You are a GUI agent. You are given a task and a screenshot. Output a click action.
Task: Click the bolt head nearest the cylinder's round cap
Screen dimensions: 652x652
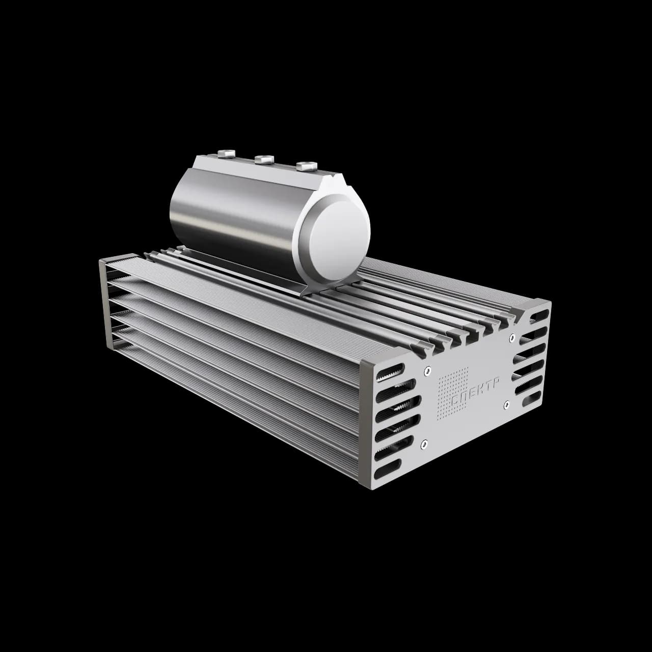point(307,166)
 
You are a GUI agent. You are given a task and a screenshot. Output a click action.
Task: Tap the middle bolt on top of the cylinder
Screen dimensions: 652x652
point(264,159)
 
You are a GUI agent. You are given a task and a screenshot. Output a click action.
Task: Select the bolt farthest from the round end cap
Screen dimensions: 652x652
point(226,154)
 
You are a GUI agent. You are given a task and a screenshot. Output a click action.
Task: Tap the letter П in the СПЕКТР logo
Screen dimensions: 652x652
point(467,395)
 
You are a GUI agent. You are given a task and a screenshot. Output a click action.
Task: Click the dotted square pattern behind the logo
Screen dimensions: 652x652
point(453,393)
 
